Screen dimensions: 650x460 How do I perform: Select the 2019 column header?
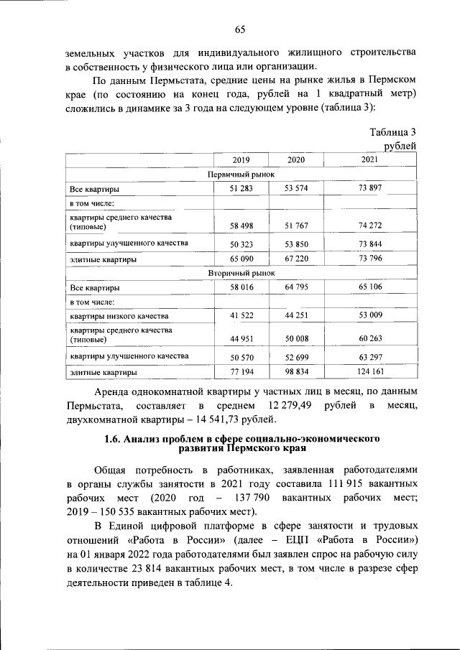coord(240,159)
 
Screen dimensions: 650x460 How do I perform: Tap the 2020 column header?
coord(295,159)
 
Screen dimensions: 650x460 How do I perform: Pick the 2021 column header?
coord(369,159)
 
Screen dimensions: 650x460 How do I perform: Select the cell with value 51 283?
coord(240,190)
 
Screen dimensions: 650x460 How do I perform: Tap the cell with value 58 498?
coord(240,226)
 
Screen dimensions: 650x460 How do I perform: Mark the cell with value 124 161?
coord(369,372)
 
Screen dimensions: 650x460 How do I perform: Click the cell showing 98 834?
coord(295,372)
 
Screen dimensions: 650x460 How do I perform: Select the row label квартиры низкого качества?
coord(119,316)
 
